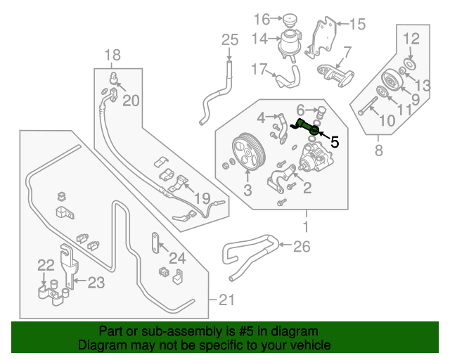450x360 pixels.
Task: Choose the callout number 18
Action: (x=112, y=55)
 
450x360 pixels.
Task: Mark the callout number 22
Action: (x=46, y=265)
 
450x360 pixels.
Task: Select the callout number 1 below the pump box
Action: (x=306, y=226)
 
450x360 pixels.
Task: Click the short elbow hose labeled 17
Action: (x=287, y=77)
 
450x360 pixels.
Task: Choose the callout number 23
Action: (x=96, y=283)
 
